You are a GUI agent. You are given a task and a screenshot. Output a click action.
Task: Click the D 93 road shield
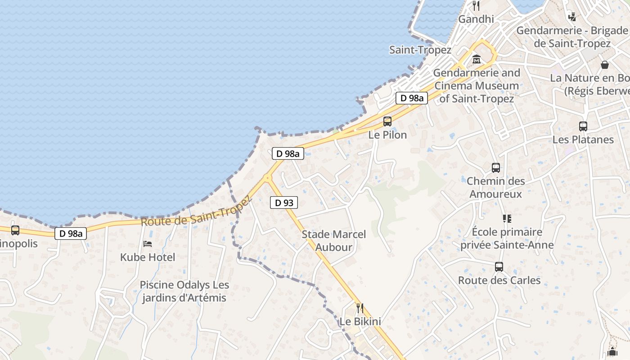tap(284, 203)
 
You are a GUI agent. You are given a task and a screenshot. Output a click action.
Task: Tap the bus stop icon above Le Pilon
tap(387, 121)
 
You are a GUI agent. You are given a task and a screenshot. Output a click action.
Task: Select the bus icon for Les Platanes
tap(583, 126)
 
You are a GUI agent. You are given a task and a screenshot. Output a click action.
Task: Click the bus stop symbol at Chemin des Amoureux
tap(495, 168)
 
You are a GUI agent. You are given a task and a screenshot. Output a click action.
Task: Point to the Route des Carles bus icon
tap(499, 267)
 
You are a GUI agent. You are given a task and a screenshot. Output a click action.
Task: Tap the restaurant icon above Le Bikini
tap(360, 308)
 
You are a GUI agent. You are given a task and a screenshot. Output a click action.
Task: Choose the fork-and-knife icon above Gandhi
tap(476, 6)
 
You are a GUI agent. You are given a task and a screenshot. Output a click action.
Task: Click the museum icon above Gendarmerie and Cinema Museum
tap(477, 59)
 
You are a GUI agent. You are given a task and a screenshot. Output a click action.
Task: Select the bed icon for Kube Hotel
tap(148, 244)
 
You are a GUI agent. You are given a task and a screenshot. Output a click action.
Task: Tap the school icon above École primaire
tap(507, 219)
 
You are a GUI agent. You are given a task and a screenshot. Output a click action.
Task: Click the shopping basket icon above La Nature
tap(605, 65)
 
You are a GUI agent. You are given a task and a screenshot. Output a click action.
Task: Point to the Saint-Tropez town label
tap(420, 50)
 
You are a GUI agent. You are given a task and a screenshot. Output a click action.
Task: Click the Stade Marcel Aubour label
tap(333, 240)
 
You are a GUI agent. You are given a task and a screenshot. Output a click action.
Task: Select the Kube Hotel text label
tap(148, 257)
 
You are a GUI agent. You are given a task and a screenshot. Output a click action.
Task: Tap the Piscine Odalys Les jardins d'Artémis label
tap(184, 291)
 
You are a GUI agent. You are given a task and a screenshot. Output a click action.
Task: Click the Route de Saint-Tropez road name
tap(196, 213)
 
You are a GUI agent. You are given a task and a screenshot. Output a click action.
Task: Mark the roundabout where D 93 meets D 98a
tap(268, 178)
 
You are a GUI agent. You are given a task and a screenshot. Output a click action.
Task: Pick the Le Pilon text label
tap(387, 135)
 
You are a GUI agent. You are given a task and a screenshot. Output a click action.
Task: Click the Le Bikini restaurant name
tap(360, 321)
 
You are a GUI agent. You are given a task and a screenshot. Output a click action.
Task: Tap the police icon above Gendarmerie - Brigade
tap(572, 17)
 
